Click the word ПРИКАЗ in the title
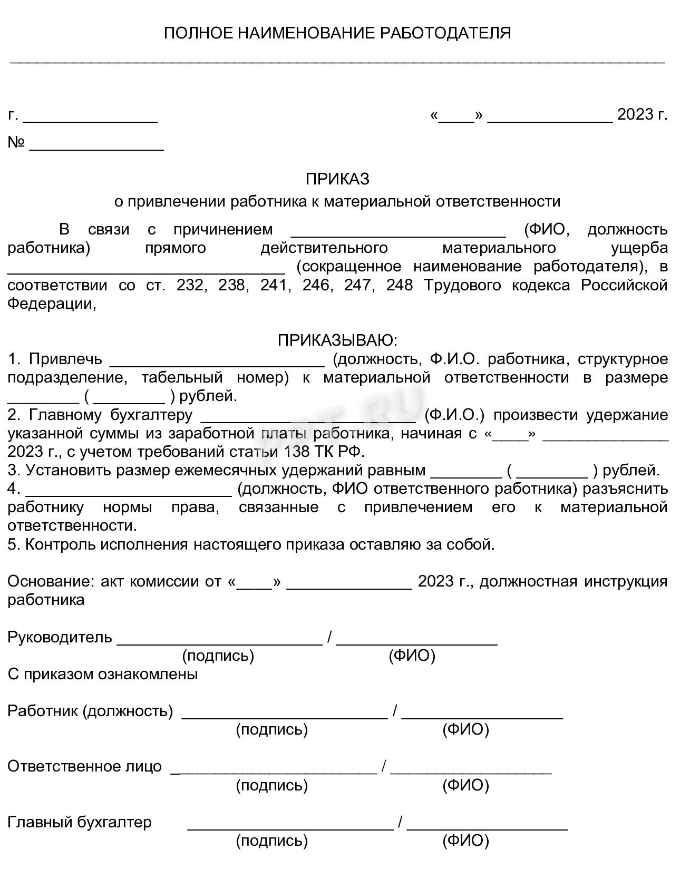(x=337, y=179)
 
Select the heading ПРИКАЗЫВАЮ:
(x=337, y=340)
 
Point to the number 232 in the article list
(x=189, y=286)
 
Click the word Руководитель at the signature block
(x=60, y=637)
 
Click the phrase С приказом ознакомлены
(x=103, y=674)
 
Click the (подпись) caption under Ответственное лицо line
(x=271, y=785)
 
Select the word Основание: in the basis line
(x=51, y=581)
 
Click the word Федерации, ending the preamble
(x=52, y=304)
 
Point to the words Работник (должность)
(x=90, y=711)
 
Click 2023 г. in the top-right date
(x=642, y=114)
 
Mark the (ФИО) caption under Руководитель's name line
(x=412, y=656)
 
